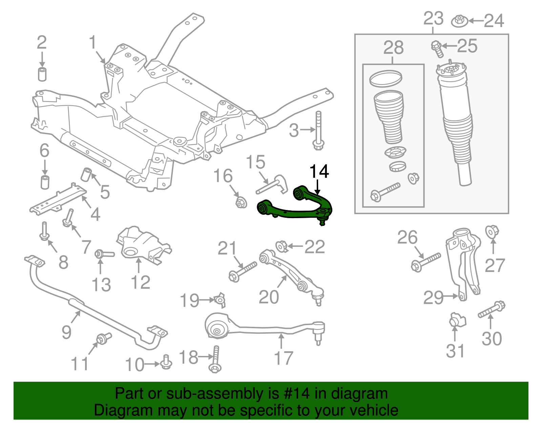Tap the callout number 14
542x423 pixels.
[319, 172]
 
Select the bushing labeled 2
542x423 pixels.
[42, 74]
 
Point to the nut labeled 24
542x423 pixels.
[459, 21]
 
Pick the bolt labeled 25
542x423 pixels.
[437, 49]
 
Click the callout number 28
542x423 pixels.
[393, 48]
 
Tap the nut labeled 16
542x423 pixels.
[241, 203]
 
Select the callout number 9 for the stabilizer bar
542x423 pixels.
[66, 332]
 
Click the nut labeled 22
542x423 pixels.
[282, 246]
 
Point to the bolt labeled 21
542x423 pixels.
[243, 272]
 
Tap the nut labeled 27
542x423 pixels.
[492, 232]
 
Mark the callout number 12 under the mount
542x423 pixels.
[140, 282]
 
